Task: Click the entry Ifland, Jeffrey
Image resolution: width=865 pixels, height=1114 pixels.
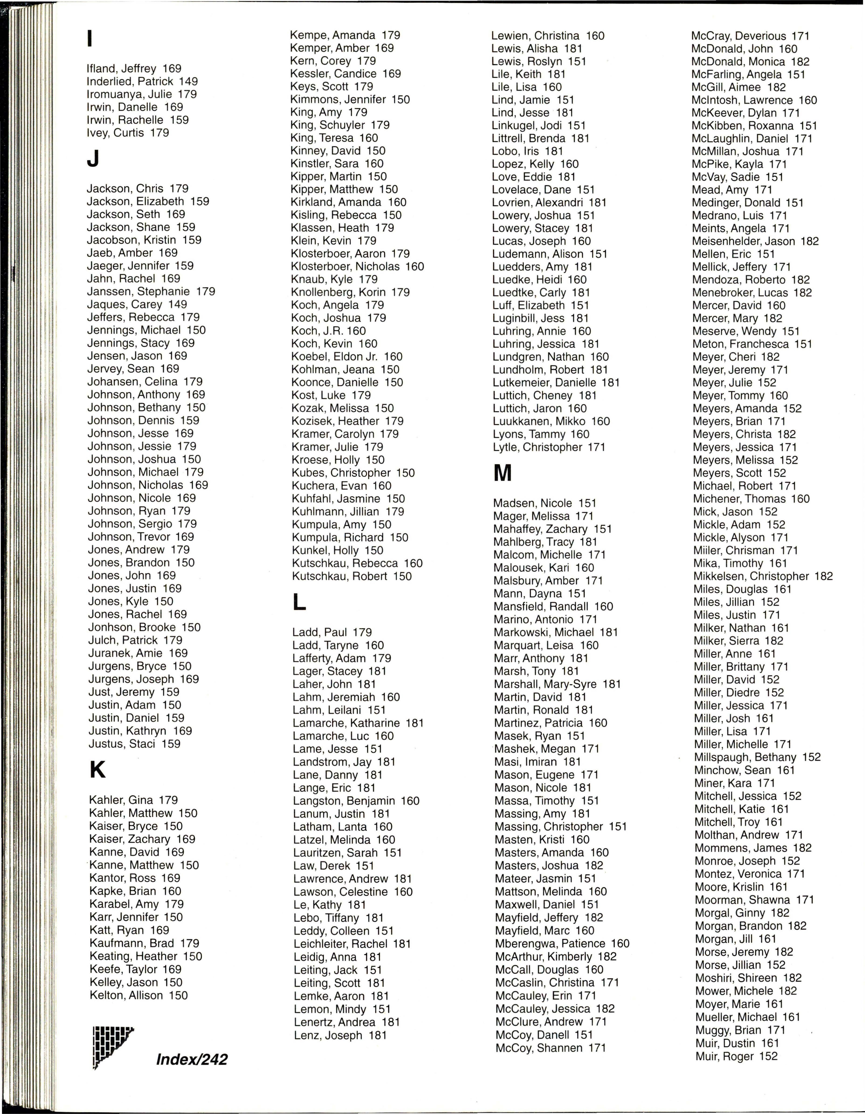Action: pos(134,68)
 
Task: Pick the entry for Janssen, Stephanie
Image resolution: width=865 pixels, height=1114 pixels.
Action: pos(151,291)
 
